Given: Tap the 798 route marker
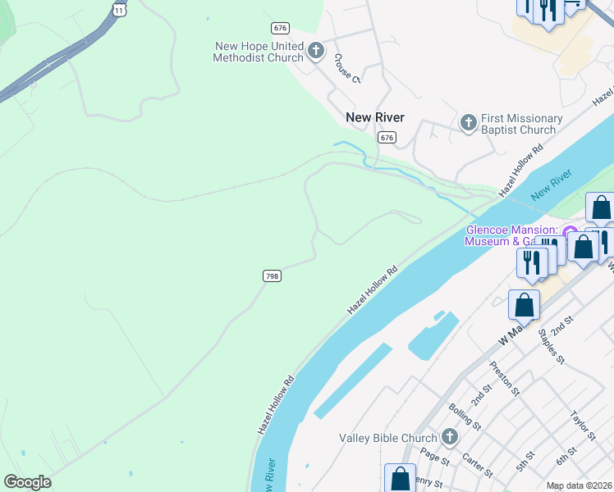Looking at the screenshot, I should tap(272, 276).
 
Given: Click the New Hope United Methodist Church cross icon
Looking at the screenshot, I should tap(315, 52).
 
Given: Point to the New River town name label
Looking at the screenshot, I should tap(375, 117).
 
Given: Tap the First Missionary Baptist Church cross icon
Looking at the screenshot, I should tap(468, 124).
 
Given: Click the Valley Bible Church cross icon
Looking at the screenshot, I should tap(449, 437).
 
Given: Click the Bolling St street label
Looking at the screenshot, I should tap(465, 417).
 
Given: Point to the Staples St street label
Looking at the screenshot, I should tap(551, 346).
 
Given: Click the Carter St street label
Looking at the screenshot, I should tap(476, 464).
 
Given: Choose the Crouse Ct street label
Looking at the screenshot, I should tap(346, 69).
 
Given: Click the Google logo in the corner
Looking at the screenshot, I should tap(27, 481).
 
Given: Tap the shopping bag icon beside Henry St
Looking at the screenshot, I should tap(400, 477).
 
